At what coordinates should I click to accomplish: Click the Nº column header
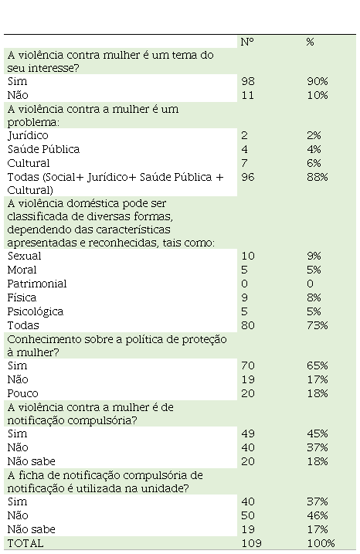pyautogui.click(x=247, y=42)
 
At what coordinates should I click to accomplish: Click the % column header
pyautogui.click(x=310, y=42)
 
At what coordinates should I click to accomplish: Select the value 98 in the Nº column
pyautogui.click(x=248, y=81)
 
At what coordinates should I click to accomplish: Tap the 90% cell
pyautogui.click(x=318, y=81)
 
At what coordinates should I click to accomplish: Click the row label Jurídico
pyautogui.click(x=28, y=136)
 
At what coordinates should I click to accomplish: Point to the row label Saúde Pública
pyautogui.click(x=43, y=149)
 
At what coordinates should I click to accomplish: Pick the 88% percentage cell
pyautogui.click(x=318, y=177)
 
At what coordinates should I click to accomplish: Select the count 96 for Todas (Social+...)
pyautogui.click(x=248, y=177)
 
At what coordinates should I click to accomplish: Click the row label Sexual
pyautogui.click(x=25, y=256)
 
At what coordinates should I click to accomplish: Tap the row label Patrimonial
pyautogui.click(x=37, y=284)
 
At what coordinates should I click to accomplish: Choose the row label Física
pyautogui.click(x=22, y=297)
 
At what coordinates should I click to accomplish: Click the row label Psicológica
pyautogui.click(x=36, y=311)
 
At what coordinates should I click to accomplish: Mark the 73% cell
pyautogui.click(x=318, y=325)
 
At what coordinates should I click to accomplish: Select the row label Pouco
pyautogui.click(x=22, y=393)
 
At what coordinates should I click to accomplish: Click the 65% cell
pyautogui.click(x=318, y=365)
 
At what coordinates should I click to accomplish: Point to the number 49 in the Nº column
pyautogui.click(x=248, y=433)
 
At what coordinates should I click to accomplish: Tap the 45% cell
pyautogui.click(x=318, y=433)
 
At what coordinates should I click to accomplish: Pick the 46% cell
pyautogui.click(x=318, y=515)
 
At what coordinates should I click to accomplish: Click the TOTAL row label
pyautogui.click(x=25, y=543)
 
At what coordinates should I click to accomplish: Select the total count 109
pyautogui.click(x=251, y=543)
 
